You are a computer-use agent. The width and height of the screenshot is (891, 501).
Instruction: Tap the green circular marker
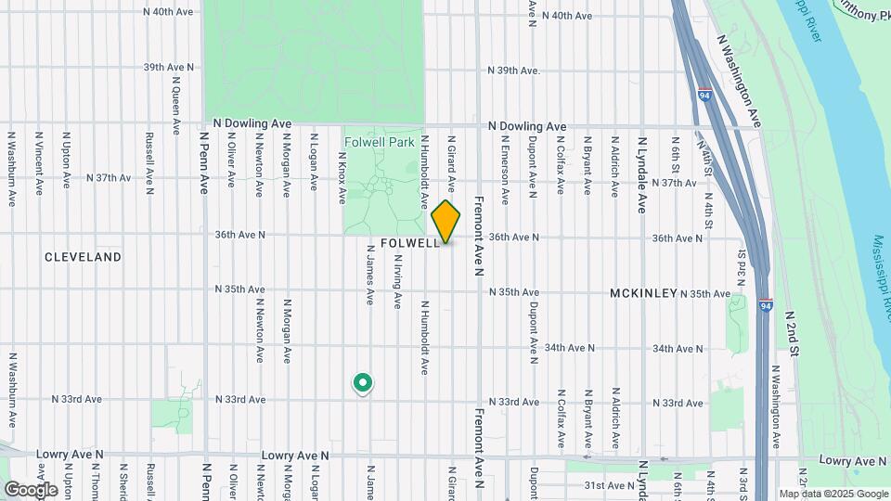coord(362,382)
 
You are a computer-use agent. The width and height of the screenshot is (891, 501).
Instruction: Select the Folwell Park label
coord(379,143)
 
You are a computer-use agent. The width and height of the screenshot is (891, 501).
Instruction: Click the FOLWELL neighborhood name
coord(409,242)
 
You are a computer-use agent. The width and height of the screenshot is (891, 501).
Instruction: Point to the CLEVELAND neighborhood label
coord(83,256)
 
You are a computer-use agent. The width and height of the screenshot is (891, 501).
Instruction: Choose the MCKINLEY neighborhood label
coord(643,293)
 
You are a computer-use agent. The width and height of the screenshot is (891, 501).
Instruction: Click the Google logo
coord(31,489)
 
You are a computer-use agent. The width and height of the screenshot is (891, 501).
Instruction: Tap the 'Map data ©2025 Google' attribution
coord(833,494)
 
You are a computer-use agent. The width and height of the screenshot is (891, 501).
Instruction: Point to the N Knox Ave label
coord(341,168)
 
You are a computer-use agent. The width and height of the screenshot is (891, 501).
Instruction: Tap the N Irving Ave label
coord(397,288)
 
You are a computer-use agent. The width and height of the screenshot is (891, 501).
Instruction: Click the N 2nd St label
coord(794,334)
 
